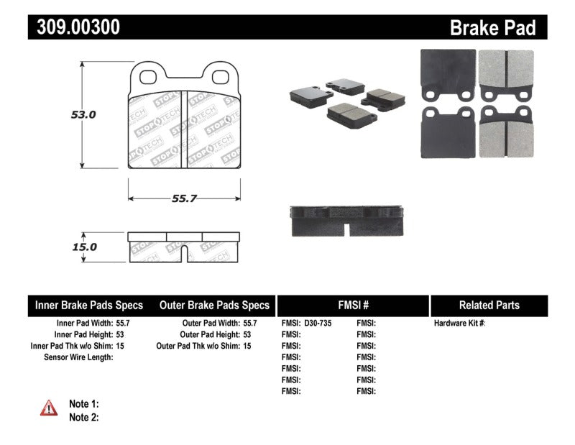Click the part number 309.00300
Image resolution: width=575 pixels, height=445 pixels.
[74, 27]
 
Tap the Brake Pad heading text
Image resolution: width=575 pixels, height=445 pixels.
[492, 28]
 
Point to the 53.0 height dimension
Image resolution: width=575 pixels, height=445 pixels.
[83, 114]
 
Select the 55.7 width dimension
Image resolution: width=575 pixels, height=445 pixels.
[184, 199]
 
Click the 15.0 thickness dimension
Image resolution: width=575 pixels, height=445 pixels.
[83, 247]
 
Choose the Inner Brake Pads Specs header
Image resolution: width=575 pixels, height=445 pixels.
[89, 305]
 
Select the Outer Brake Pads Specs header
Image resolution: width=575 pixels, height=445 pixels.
[214, 305]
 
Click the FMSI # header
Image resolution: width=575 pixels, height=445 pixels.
[353, 305]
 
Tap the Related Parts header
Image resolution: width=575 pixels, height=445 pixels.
[489, 305]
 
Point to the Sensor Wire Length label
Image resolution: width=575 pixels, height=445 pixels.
[78, 357]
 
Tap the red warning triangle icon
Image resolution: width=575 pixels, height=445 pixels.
[49, 408]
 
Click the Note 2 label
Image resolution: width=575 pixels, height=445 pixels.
[83, 417]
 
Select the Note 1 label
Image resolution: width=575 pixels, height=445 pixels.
[83, 404]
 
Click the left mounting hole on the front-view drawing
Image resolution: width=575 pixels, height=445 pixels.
[149, 74]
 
